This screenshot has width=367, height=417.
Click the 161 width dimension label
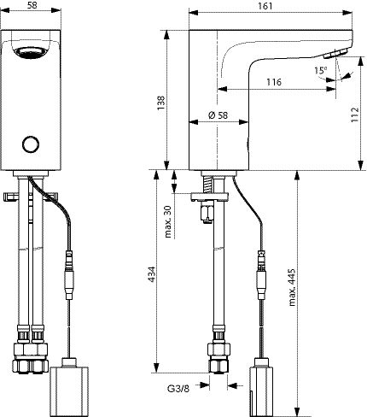[265, 6]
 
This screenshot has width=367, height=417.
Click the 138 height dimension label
[161, 103]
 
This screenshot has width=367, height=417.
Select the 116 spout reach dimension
[274, 82]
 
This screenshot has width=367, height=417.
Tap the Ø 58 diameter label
[218, 115]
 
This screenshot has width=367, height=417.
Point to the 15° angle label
[321, 70]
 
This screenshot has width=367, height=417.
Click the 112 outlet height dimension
[354, 115]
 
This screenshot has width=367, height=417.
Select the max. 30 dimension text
[169, 222]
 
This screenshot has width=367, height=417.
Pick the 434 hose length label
[152, 274]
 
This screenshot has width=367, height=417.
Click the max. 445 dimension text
[292, 287]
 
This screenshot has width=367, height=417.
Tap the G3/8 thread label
[178, 389]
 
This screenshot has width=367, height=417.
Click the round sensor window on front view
[31, 144]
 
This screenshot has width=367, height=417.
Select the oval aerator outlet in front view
[31, 53]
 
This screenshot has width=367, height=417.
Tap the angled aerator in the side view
[336, 53]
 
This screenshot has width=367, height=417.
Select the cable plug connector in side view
[262, 275]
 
